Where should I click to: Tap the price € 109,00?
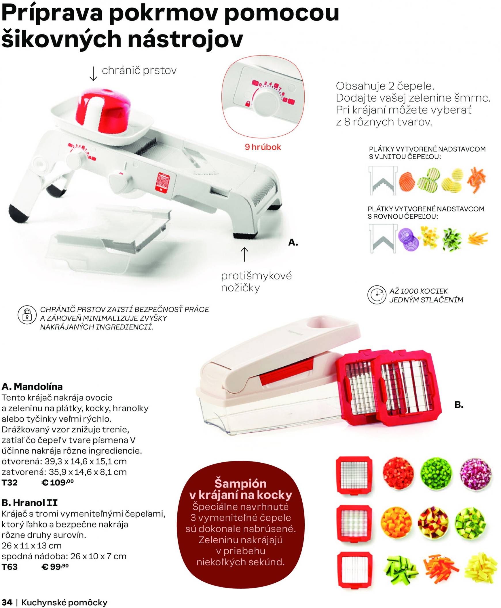click(x=58, y=483)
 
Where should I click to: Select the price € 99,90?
click(x=55, y=567)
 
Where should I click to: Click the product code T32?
click(x=10, y=483)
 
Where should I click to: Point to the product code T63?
click(x=10, y=567)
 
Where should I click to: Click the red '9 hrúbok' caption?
click(x=263, y=147)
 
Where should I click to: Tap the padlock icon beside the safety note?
click(x=27, y=315)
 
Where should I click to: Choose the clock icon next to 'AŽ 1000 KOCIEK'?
click(x=377, y=295)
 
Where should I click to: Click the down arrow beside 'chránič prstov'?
click(x=93, y=74)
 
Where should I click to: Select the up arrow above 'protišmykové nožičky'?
click(x=244, y=254)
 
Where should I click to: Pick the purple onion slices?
click(x=408, y=239)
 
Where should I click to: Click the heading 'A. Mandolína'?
click(x=32, y=386)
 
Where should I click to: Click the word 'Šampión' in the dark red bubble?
click(x=240, y=484)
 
